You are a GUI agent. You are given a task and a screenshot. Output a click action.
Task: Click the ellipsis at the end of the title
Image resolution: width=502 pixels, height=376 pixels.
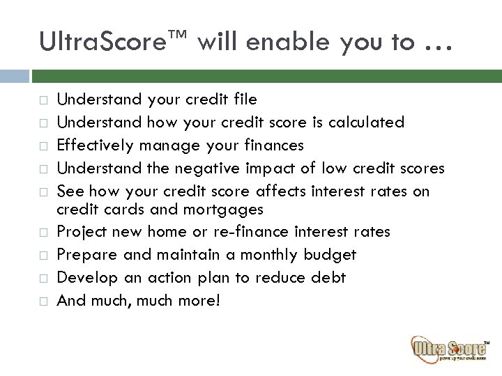click(436, 46)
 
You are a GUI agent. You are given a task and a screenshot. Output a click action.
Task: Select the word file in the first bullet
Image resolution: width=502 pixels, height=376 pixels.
click(243, 100)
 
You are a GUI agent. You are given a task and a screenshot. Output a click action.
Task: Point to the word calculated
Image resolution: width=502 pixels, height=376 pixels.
click(365, 123)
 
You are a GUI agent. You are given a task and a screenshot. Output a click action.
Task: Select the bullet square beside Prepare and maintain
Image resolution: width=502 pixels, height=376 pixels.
click(42, 255)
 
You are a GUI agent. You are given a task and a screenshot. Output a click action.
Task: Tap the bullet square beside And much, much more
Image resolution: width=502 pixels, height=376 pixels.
click(42, 301)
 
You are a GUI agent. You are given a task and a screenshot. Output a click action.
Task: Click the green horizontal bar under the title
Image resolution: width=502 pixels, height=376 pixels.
click(266, 75)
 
